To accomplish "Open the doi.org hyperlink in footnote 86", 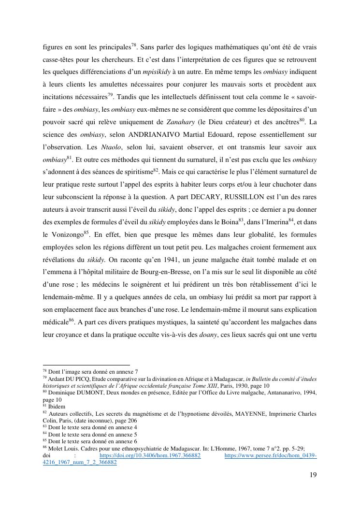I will pyautogui.click(x=150, y=455).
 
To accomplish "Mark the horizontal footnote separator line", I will pyautogui.click(x=86, y=365).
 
